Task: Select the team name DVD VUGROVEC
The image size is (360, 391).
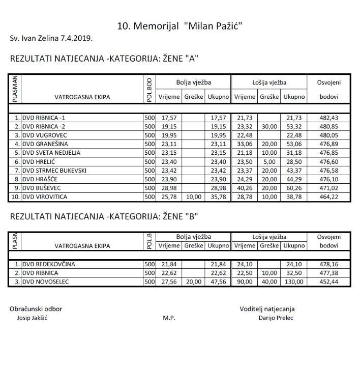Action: point(46,135)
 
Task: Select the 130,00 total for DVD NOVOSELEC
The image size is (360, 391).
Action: point(294,282)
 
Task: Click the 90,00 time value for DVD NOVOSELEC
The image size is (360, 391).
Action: point(245,282)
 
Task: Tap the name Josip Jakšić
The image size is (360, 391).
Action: point(33,318)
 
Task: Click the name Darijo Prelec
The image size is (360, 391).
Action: point(276,318)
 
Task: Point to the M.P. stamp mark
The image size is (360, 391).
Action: point(169,318)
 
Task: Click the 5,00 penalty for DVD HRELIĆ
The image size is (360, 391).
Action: point(269,161)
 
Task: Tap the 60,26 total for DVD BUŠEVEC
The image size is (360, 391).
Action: point(294,187)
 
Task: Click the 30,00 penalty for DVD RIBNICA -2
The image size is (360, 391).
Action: point(269,126)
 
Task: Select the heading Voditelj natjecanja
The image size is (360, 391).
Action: point(267,309)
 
